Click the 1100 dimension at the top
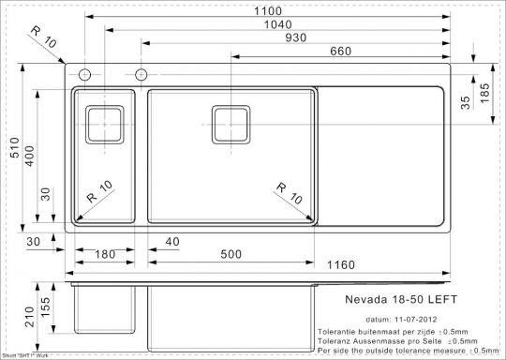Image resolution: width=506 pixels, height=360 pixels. click(266, 10)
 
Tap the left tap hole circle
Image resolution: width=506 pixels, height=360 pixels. click(85, 73)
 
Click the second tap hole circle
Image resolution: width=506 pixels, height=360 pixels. click(141, 73)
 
